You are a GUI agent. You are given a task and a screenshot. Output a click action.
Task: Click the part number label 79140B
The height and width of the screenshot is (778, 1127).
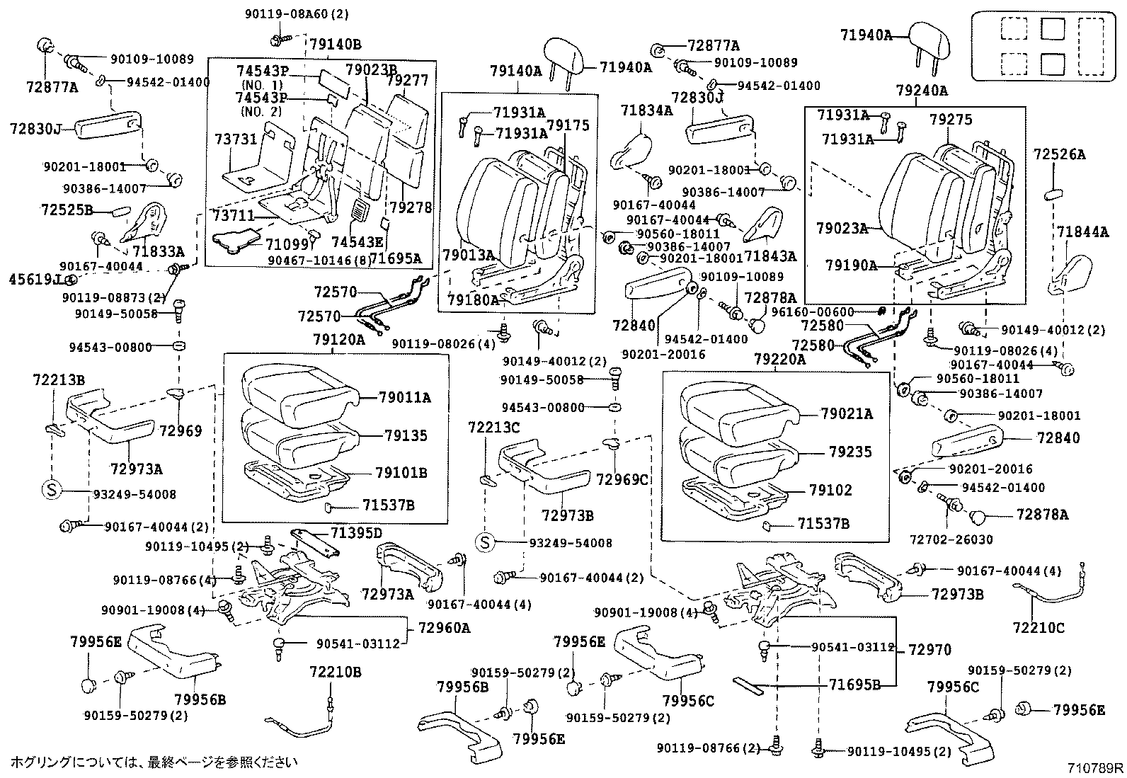pyautogui.click(x=336, y=45)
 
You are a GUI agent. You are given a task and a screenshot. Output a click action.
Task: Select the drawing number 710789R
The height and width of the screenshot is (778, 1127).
pyautogui.click(x=1096, y=767)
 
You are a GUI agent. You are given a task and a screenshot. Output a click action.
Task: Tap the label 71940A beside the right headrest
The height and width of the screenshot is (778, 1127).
pyautogui.click(x=866, y=35)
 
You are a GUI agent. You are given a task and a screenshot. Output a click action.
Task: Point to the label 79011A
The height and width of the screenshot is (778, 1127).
pyautogui.click(x=404, y=398)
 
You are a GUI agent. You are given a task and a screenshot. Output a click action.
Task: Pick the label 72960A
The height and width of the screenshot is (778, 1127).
pyautogui.click(x=444, y=628)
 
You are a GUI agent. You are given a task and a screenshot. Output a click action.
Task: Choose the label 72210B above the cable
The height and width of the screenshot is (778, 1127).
pyautogui.click(x=335, y=672)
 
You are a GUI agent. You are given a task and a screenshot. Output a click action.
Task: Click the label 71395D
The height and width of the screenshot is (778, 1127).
pyautogui.click(x=356, y=532)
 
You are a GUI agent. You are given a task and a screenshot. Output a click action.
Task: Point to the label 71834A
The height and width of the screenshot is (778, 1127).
pyautogui.click(x=646, y=110)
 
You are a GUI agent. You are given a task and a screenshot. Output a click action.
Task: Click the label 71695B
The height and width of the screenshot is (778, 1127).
pyautogui.click(x=854, y=685)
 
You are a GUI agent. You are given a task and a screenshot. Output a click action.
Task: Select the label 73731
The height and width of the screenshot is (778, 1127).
pyautogui.click(x=236, y=139)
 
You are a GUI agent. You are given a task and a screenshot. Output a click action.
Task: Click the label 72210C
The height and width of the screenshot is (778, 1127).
pyautogui.click(x=1039, y=627)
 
